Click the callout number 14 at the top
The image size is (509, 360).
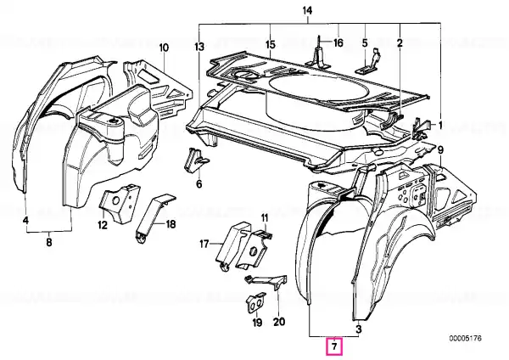click(307, 11)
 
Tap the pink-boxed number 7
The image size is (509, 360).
click(334, 346)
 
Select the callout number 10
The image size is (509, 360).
click(164, 48)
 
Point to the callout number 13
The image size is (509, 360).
click(200, 47)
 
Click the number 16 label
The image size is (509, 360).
click(338, 42)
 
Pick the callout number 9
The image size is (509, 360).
click(440, 150)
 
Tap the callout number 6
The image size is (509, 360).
click(199, 184)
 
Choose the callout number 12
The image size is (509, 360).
click(103, 225)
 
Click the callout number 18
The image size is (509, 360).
click(171, 224)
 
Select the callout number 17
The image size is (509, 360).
click(204, 244)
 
